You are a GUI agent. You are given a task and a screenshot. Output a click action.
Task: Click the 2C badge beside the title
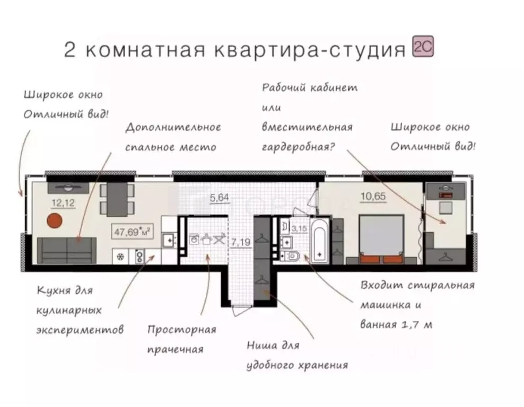tap(423, 49)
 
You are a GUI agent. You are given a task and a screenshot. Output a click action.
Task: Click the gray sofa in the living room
tap(67, 250)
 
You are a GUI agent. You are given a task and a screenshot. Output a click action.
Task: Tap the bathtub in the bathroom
tap(320, 242)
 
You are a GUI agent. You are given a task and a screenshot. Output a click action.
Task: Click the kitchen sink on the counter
tap(170, 241)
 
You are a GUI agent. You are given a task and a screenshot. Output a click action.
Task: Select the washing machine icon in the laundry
tap(194, 239)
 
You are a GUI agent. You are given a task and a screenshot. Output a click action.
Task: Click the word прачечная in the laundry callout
tap(176, 349)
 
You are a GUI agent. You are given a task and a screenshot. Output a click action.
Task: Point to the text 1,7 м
tap(417, 324)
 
